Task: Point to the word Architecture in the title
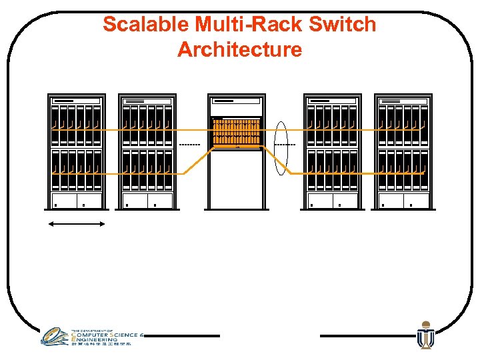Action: [x=239, y=49]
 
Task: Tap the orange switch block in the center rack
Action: [x=236, y=132]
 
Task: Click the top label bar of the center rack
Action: [x=236, y=101]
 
